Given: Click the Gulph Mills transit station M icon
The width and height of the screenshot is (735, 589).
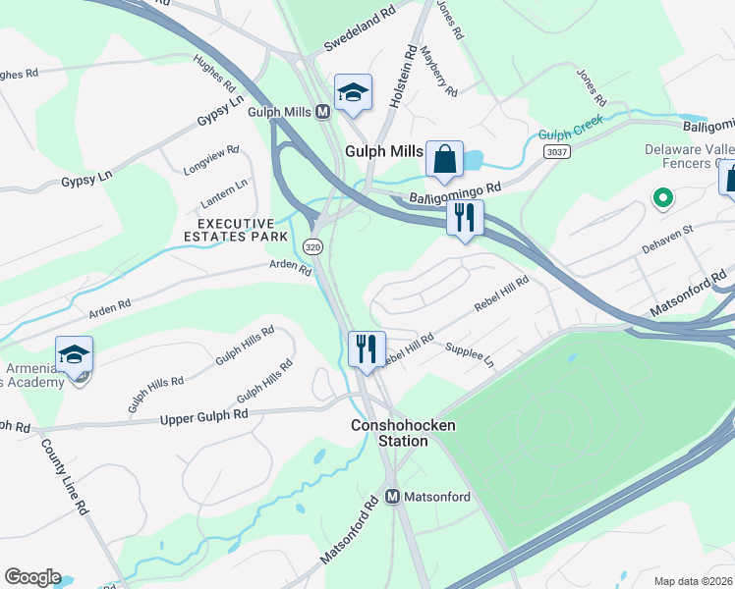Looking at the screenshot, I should coord(321,112).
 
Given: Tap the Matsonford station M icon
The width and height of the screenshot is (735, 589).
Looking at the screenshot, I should coord(392,497).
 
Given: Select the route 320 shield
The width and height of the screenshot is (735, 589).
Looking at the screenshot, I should coord(312,246).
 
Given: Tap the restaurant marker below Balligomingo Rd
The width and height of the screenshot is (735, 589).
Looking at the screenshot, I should coord(465,217).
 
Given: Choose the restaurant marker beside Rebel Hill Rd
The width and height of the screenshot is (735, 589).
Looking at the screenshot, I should coord(366,348).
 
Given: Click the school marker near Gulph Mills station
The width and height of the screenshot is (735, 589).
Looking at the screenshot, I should coord(353,93).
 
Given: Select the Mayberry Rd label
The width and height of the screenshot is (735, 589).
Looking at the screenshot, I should coord(439,72).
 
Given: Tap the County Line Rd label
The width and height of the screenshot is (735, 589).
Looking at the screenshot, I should coord(65,476).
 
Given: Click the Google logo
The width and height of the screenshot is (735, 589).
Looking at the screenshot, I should coord(32,577).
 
